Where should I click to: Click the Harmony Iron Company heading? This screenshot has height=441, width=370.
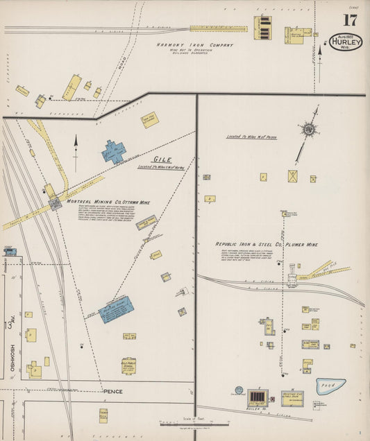pyautogui.click(x=194, y=45)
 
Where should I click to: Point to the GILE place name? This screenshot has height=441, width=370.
pyautogui.click(x=162, y=159)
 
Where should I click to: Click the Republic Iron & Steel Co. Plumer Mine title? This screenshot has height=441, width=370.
pyautogui.click(x=266, y=244)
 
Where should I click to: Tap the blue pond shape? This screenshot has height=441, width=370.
pyautogui.click(x=330, y=386)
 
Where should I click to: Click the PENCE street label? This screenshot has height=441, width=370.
pyautogui.click(x=112, y=391)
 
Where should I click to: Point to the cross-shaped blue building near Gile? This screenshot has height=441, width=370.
pyautogui.click(x=113, y=151)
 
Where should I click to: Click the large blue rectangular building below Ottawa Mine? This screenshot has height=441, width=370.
pyautogui.click(x=116, y=309)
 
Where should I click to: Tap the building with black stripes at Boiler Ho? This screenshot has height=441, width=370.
pyautogui.click(x=257, y=397)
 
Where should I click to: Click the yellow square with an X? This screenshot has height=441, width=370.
pyautogui.click(x=293, y=176)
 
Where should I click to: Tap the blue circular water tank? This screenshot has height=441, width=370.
pyautogui.click(x=239, y=390)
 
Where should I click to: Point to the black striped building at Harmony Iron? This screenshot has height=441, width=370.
pyautogui.click(x=263, y=26)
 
